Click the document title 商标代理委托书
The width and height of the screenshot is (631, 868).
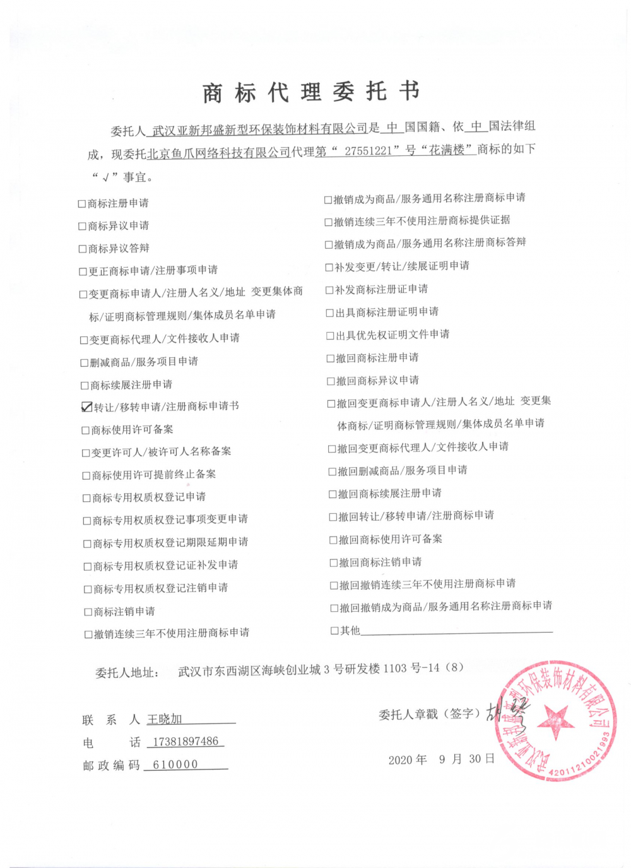click(x=311, y=92)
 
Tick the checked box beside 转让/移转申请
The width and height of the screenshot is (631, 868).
click(x=86, y=407)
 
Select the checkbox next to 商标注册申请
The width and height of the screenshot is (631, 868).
click(x=81, y=204)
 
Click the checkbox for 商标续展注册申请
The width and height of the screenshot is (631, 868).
click(x=85, y=385)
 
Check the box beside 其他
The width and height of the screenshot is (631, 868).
click(x=334, y=631)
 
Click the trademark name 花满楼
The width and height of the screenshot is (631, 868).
click(x=447, y=150)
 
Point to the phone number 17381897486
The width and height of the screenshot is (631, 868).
click(x=186, y=741)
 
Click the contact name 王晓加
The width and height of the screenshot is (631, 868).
click(x=165, y=719)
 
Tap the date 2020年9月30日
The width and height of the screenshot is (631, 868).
click(x=441, y=759)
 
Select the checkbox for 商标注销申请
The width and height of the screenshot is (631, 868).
click(x=88, y=612)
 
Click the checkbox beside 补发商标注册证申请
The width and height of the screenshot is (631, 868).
click(x=329, y=290)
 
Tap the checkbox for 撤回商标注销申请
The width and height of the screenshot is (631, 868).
click(x=334, y=562)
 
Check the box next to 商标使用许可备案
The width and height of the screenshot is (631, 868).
click(x=86, y=431)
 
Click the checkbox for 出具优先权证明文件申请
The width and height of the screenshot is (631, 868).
click(x=329, y=336)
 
